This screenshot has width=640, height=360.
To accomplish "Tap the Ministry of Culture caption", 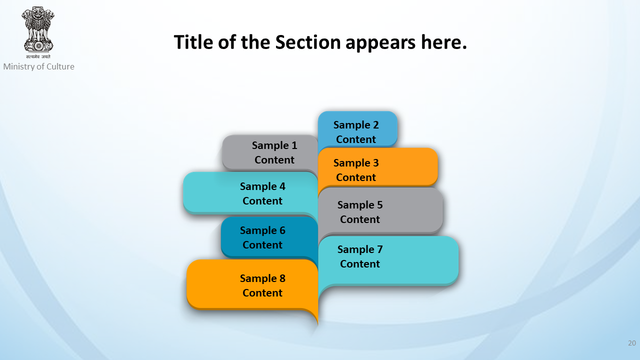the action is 39,66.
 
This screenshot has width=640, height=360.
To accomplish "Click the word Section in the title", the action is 308,42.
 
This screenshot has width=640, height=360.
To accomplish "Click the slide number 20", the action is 632,343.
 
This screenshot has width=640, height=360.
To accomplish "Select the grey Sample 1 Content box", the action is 270,153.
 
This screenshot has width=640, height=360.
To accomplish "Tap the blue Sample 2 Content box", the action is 357,129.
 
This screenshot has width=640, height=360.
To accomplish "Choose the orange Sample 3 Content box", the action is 377,167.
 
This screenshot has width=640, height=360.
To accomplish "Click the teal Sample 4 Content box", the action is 250,193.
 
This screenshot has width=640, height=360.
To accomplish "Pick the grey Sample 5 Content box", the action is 380,211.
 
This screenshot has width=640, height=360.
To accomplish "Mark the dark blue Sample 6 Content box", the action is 269,237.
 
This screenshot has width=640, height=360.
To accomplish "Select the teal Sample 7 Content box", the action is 388,260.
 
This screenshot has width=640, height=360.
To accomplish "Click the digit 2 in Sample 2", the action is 375,125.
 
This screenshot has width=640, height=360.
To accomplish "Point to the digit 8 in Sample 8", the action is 282,278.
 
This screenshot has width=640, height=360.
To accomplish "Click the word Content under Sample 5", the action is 360,219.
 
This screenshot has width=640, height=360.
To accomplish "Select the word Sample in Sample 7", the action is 355,250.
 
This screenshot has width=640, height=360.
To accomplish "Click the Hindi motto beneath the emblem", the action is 38,57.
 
